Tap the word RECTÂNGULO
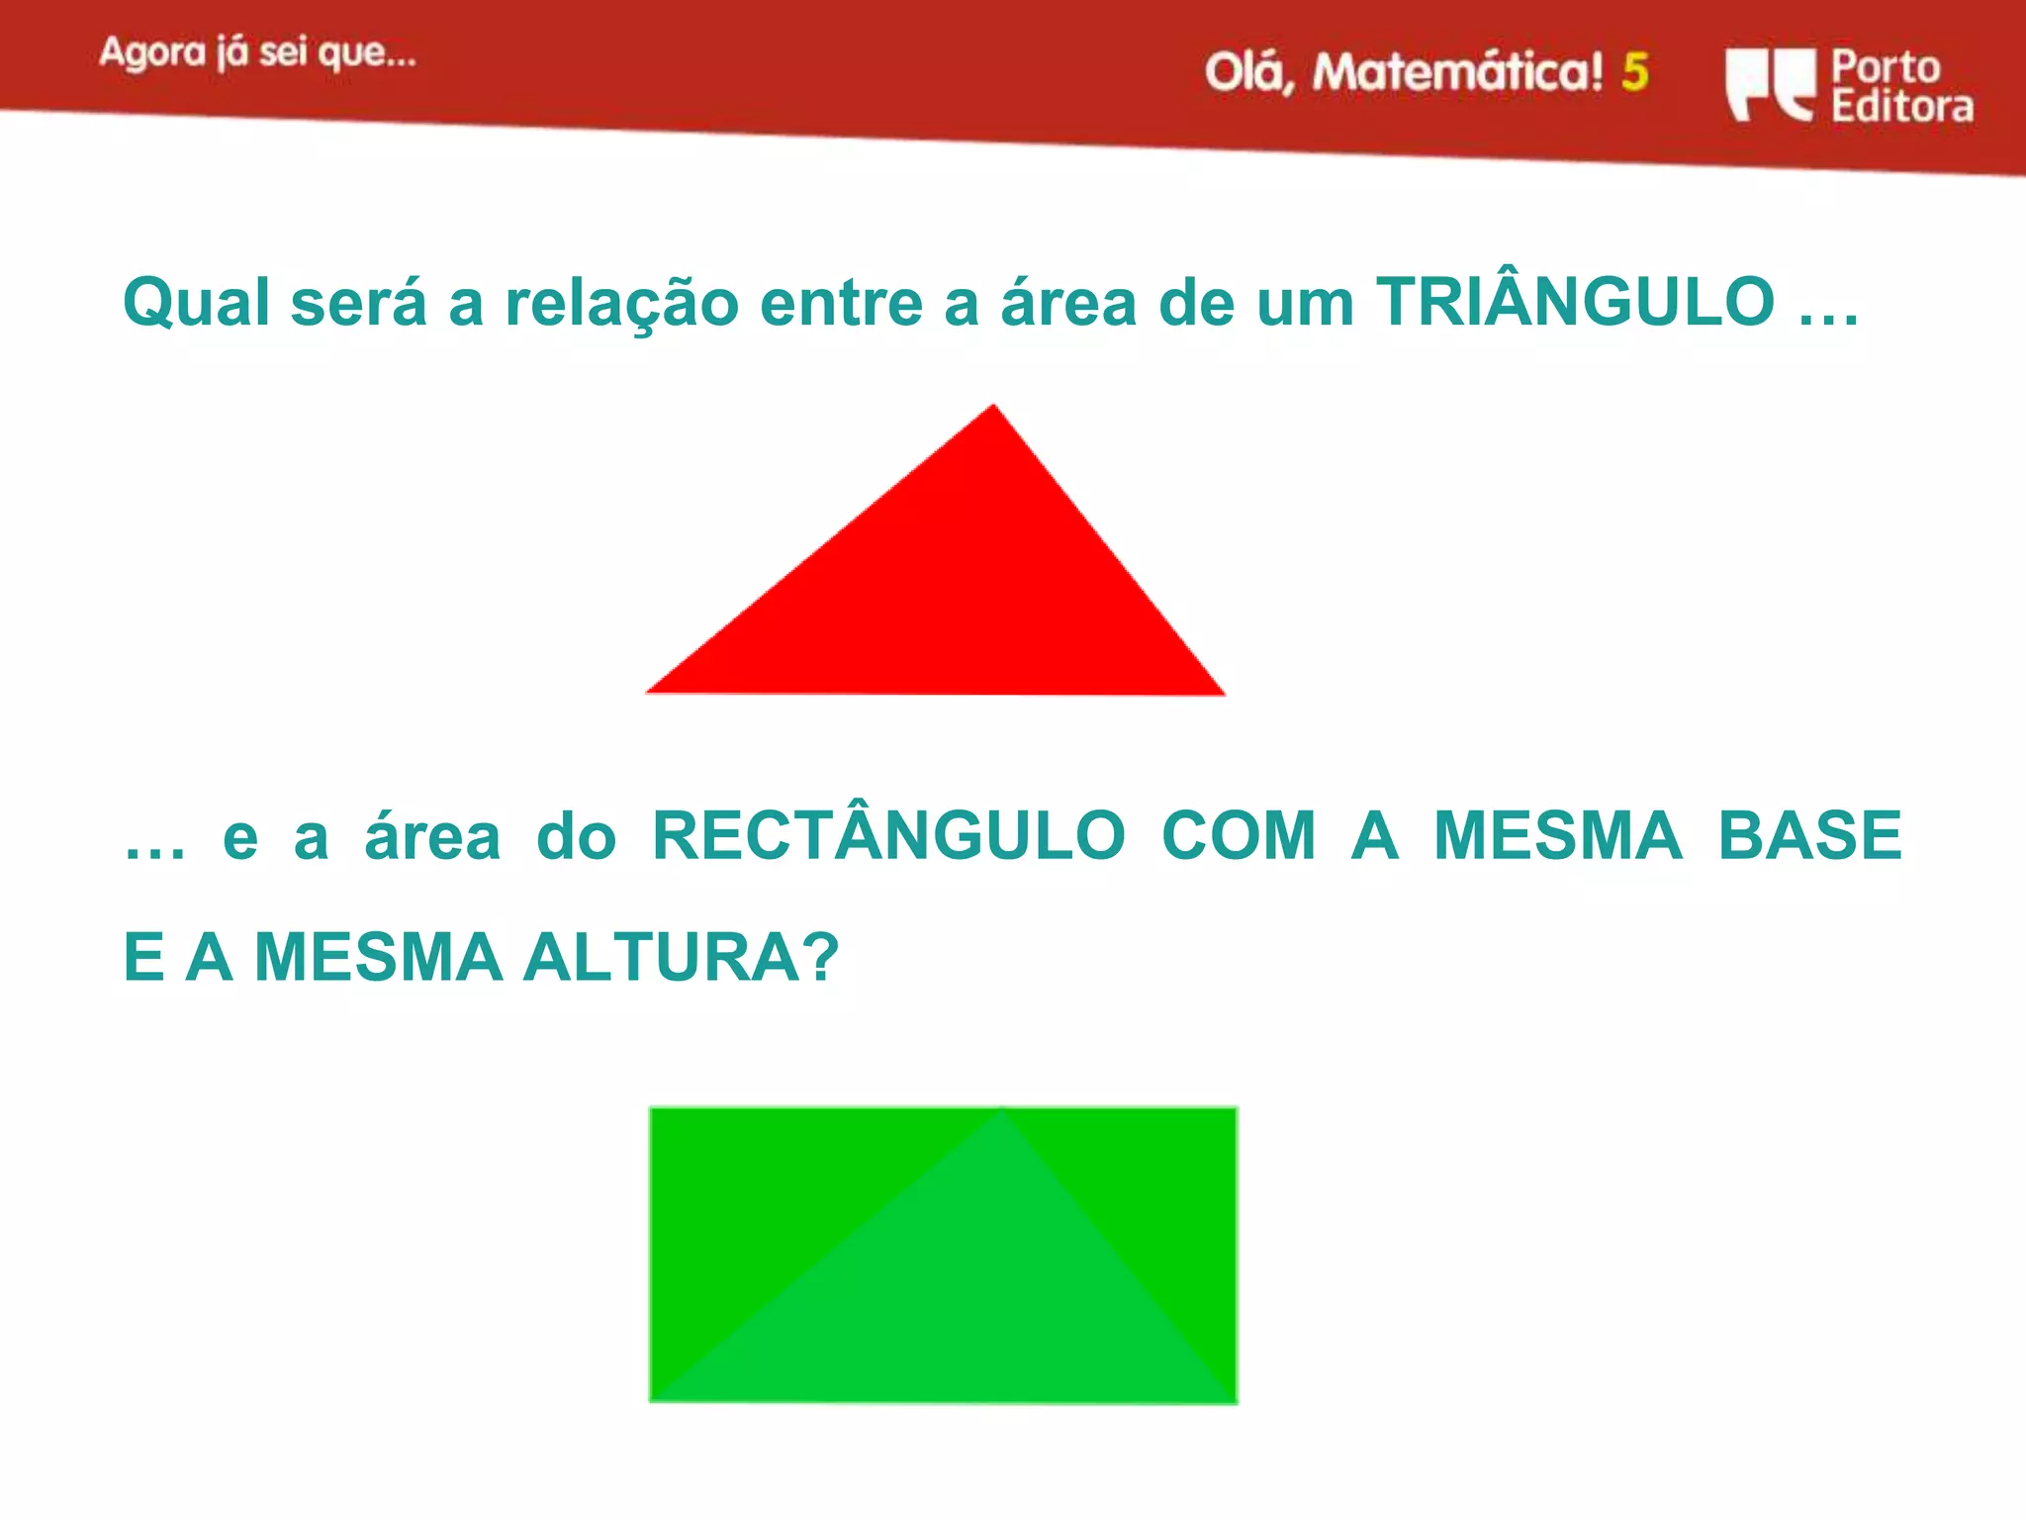pyautogui.click(x=888, y=836)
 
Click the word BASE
pyautogui.click(x=1809, y=836)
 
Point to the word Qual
pyautogui.click(x=196, y=302)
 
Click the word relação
pyautogui.click(x=621, y=302)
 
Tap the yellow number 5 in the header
pyautogui.click(x=1635, y=72)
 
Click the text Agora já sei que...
pyautogui.click(x=257, y=53)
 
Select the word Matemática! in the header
pyautogui.click(x=1456, y=73)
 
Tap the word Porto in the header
pyautogui.click(x=1886, y=66)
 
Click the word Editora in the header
pyautogui.click(x=1901, y=106)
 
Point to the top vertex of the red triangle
pyautogui.click(x=993, y=406)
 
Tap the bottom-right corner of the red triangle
pyautogui.click(x=1223, y=694)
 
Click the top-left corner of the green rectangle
pyautogui.click(x=652, y=1110)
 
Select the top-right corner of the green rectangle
pyautogui.click(x=1235, y=1110)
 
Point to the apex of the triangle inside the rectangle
pyautogui.click(x=1001, y=1112)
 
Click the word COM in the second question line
pyautogui.click(x=1238, y=836)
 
